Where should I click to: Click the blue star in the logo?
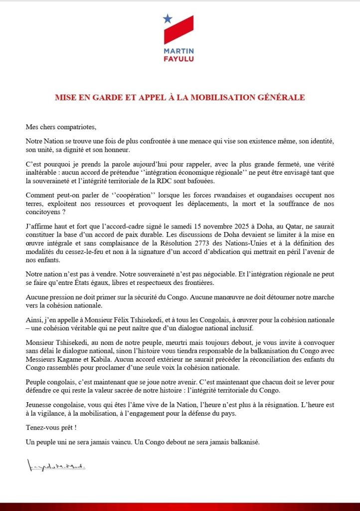(168, 19)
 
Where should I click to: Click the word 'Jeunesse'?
(40, 400)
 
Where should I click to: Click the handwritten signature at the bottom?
(54, 468)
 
